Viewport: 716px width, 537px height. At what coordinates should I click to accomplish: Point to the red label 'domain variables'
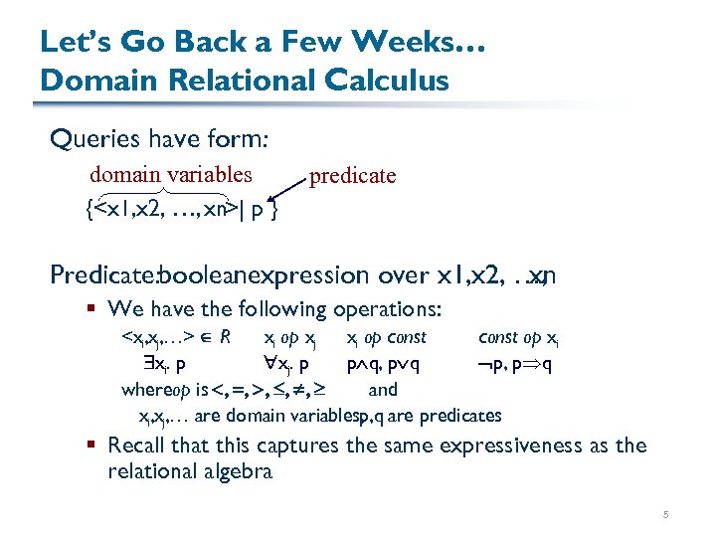pyautogui.click(x=170, y=174)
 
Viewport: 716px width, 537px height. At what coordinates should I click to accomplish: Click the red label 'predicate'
pyautogui.click(x=353, y=176)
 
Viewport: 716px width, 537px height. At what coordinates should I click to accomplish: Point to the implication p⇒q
pyautogui.click(x=535, y=363)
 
